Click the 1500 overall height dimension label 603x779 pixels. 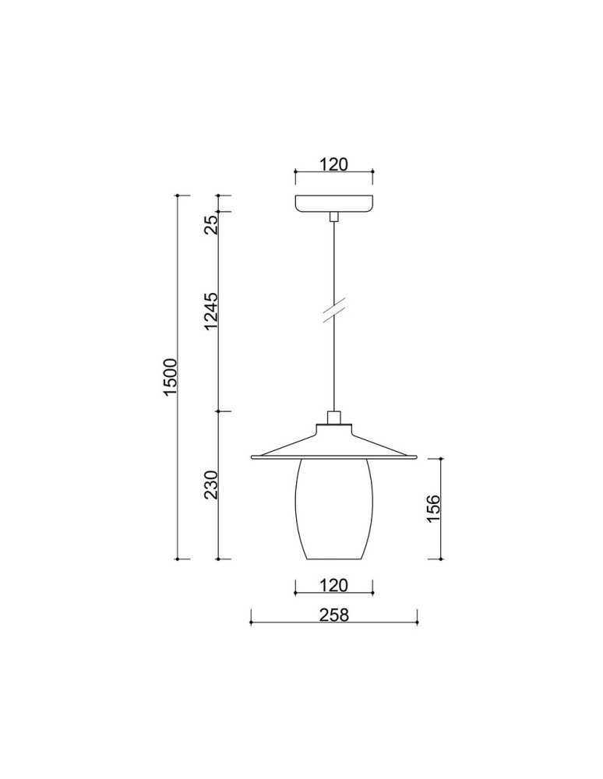click(171, 377)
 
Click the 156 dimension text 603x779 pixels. click(435, 509)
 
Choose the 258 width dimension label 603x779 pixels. click(333, 615)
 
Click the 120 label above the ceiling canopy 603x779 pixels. click(333, 164)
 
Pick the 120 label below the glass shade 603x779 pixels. click(333, 585)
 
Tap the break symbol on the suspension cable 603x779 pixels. click(334, 312)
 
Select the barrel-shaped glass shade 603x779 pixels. click(334, 508)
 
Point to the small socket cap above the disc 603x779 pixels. click(334, 418)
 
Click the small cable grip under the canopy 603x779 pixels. click(334, 216)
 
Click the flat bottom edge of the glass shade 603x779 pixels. click(334, 559)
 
